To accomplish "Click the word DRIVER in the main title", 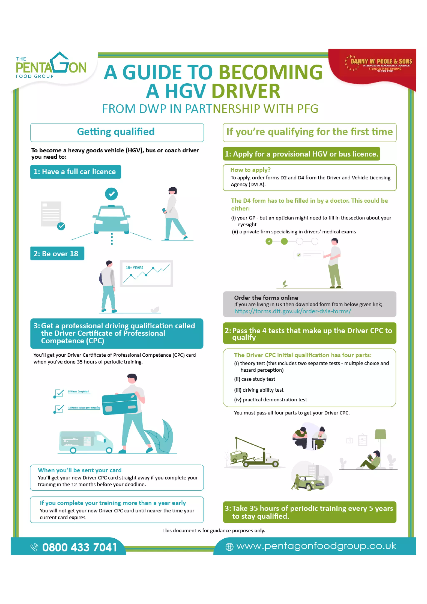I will (246, 91).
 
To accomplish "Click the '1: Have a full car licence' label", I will (75, 172).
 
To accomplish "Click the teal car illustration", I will (112, 220).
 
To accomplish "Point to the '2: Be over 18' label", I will (57, 254).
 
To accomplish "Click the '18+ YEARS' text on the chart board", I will (134, 268).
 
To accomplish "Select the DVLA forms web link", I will (293, 311).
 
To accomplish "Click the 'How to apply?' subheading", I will (250, 170).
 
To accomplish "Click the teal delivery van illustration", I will (86, 442).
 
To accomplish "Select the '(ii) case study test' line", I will (254, 379).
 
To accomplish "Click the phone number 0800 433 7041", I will (79, 548).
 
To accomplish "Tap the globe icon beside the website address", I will (229, 547).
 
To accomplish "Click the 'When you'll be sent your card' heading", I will (79, 470).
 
